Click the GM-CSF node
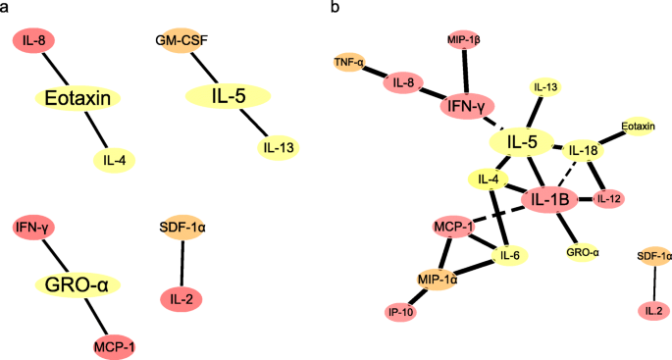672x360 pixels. pyautogui.click(x=181, y=41)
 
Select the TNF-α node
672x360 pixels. pyautogui.click(x=348, y=63)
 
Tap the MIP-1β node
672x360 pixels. pyautogui.click(x=462, y=40)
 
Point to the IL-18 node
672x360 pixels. pyautogui.click(x=584, y=150)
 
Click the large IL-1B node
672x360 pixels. pyautogui.click(x=549, y=200)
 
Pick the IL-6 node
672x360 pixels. pyautogui.click(x=510, y=256)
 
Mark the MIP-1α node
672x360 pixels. pyautogui.click(x=439, y=280)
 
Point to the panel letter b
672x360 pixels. pyautogui.click(x=336, y=8)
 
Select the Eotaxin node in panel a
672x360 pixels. pyautogui.click(x=78, y=98)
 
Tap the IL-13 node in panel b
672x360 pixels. pyautogui.click(x=546, y=88)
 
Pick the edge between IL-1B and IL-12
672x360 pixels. pyautogui.click(x=585, y=200)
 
